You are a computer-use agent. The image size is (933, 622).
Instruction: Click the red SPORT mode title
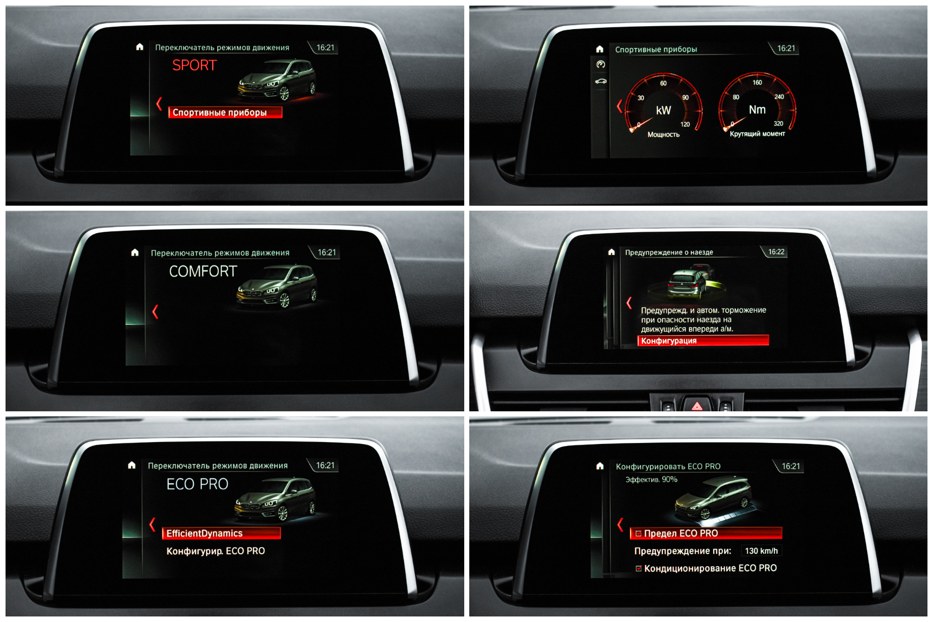coord(194,65)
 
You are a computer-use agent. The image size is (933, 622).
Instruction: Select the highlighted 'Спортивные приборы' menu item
coord(225,113)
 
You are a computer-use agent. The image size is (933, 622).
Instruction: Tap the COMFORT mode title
coord(203,272)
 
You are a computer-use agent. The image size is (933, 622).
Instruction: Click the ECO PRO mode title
coord(197,484)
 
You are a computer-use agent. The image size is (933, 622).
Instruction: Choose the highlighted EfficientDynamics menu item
coord(221,534)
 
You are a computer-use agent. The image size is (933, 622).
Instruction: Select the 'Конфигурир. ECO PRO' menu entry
coord(216,551)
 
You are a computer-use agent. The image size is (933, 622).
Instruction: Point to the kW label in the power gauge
coord(663,111)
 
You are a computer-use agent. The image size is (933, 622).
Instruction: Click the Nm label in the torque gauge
coord(757,110)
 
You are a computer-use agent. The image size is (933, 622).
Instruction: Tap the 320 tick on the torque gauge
coord(778,124)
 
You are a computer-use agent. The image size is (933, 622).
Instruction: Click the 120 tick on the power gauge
coord(685,125)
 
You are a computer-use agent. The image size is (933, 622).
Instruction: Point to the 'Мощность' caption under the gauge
coord(663,135)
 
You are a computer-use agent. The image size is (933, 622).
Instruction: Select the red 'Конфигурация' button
coord(703,341)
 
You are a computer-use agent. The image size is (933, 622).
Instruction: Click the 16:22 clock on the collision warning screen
coord(776,252)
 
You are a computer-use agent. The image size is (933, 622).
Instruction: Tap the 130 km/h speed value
coord(761,551)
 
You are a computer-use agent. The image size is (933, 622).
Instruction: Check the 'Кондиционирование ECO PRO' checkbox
coord(639,569)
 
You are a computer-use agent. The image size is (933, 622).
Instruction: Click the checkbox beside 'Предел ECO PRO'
coord(639,534)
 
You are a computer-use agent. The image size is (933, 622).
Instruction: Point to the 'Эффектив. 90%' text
coord(651,480)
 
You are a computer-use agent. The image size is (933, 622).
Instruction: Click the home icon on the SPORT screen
coord(140,47)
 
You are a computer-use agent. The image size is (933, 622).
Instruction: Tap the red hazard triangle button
coord(697,406)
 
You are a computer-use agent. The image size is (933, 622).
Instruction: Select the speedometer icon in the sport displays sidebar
coord(601,64)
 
